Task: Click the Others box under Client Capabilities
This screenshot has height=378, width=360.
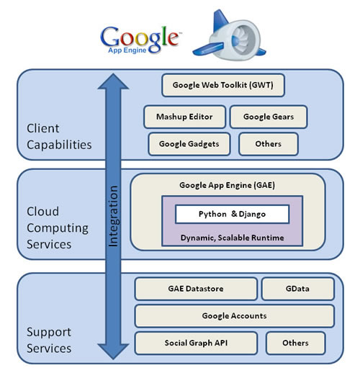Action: tap(268, 143)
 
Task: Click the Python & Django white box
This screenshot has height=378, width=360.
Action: tap(222, 214)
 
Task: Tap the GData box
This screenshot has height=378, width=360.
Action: tap(297, 289)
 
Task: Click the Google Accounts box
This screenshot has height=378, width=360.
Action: tap(234, 315)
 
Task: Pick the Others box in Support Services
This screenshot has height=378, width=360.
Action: tap(295, 343)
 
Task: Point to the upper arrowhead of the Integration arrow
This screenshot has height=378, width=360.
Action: tap(113, 83)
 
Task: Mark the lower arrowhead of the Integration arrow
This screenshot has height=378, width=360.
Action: tap(113, 352)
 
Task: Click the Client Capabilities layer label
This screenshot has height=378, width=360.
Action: tap(59, 137)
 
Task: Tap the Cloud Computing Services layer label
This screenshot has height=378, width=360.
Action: tap(58, 228)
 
